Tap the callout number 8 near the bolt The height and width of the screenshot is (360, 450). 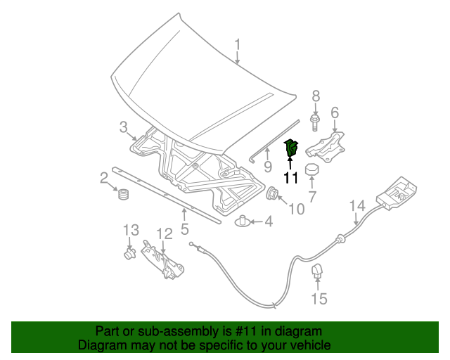(x=316, y=96)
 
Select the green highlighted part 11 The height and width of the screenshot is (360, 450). (x=291, y=149)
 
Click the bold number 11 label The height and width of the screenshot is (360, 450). (x=291, y=178)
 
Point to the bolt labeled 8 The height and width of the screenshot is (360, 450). (x=316, y=124)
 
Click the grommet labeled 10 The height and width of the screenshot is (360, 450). (x=272, y=194)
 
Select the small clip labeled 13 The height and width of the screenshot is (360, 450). (x=129, y=252)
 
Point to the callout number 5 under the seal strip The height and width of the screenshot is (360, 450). (x=184, y=229)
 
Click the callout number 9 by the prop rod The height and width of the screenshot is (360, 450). (x=267, y=167)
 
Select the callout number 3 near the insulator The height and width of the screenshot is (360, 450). (x=123, y=127)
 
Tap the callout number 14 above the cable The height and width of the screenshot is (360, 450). (x=357, y=205)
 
